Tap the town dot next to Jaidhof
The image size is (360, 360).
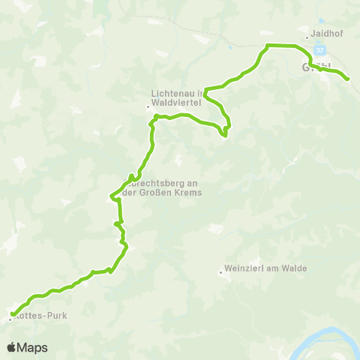[x=307, y=37]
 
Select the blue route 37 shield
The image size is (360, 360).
[x=320, y=50]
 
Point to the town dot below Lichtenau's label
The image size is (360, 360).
[x=148, y=107]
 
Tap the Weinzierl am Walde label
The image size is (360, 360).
[x=259, y=271]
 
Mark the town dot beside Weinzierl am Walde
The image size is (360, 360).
[x=221, y=272]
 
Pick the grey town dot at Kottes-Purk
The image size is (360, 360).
[x=10, y=319]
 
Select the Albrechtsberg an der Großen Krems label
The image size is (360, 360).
[x=159, y=186]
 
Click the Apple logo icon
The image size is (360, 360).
[x=11, y=347]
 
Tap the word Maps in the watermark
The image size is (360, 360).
[x=32, y=347]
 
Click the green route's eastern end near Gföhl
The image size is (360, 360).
[x=348, y=79]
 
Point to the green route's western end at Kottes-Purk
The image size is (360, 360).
[x=13, y=314]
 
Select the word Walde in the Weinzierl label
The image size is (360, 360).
[x=281, y=271]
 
